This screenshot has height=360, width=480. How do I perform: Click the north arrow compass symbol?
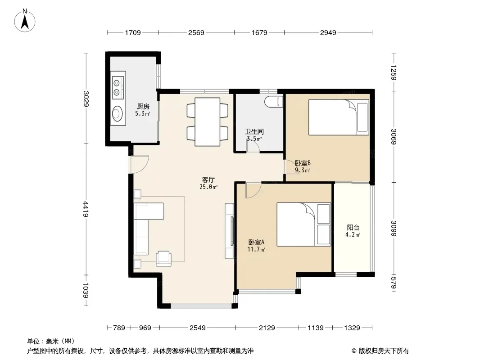coord(25,21)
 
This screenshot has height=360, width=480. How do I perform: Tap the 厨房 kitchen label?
coord(143,107)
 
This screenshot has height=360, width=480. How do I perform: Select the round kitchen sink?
coord(118,114)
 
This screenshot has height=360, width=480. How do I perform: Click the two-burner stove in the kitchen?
coord(118,87)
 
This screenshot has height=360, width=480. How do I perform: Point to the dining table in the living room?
coord(208,122)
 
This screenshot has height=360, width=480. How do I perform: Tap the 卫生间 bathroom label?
coord(254,131)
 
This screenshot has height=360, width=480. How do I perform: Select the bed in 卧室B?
coord(339,117)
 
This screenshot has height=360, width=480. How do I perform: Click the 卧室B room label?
coord(303,163)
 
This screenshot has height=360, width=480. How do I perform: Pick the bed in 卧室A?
coord(303,224)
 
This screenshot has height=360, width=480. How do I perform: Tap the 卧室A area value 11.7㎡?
coord(256,249)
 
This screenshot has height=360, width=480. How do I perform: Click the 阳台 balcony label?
coord(353,227)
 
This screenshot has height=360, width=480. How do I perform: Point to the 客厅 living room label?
coord(208,180)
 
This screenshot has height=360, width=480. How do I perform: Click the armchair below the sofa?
coord(163,258)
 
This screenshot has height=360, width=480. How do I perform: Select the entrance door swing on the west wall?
coord(140,165)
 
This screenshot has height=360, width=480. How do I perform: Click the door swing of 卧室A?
coord(253,190)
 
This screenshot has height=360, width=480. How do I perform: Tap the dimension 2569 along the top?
coord(196,32)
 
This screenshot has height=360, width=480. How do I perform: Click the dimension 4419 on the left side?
coord(86,209)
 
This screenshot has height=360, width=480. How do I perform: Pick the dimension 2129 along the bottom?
coord(267,328)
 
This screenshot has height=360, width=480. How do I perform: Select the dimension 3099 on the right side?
coord(394,229)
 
